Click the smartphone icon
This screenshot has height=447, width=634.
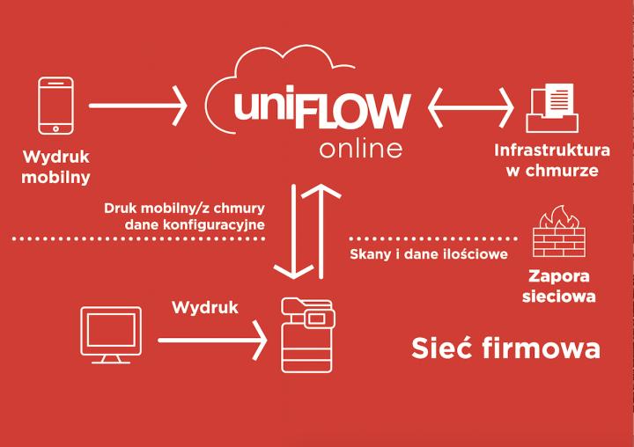(56, 106)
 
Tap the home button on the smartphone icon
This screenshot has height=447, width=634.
(56, 128)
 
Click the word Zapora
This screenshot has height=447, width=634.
(552, 275)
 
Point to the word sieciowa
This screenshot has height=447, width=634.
(552, 296)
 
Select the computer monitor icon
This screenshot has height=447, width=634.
(110, 334)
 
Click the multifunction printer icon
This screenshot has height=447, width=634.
(309, 335)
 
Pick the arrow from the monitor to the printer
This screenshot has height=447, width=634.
(211, 339)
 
